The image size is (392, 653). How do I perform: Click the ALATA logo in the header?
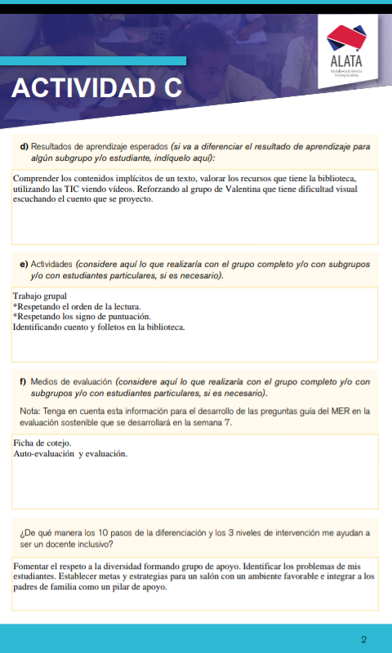coord(346,49)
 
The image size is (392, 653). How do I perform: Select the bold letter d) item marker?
coord(24,147)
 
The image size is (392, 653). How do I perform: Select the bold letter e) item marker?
coord(24,264)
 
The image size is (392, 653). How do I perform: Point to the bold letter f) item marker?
coord(24,381)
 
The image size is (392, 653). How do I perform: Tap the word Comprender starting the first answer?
coord(40,177)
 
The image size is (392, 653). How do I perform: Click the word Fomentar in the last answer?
coord(34,566)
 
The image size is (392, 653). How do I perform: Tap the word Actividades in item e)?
coord(51,264)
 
